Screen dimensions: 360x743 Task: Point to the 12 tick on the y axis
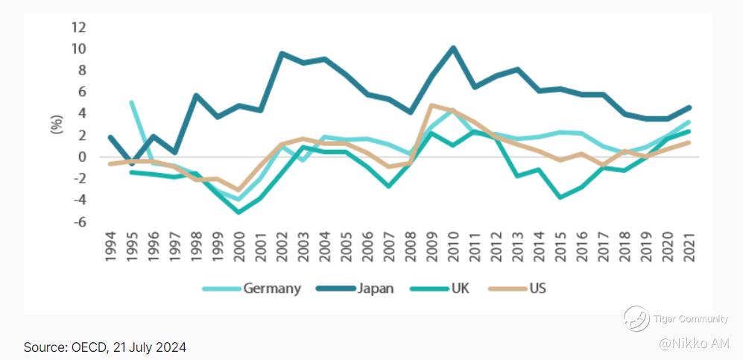point(78,28)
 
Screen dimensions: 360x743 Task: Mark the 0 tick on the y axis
point(82,157)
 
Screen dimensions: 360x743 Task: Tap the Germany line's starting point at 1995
point(133,102)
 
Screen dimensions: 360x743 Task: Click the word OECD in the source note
point(87,347)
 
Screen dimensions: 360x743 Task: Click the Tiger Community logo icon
point(636,319)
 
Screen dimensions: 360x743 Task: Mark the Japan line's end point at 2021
point(689,107)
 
